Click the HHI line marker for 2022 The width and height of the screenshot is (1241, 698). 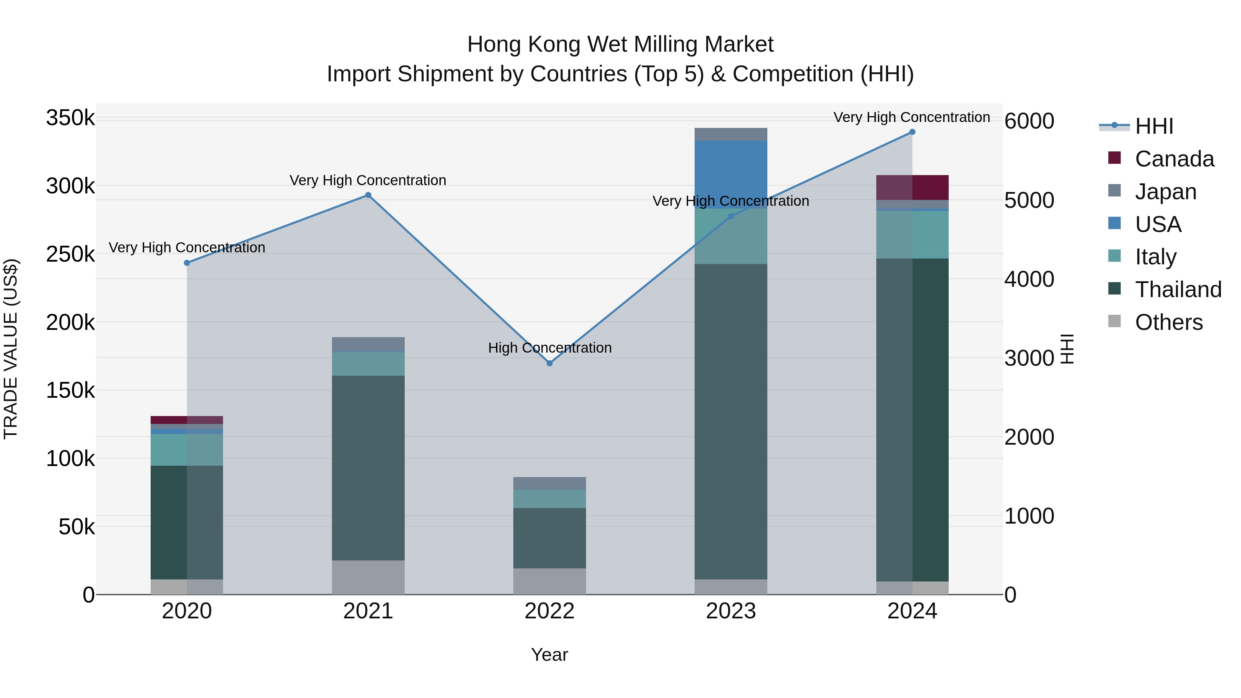pos(550,363)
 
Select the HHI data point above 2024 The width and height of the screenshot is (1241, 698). pos(912,132)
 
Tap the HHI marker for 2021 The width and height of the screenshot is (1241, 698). pos(368,195)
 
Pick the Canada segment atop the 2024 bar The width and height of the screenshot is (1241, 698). pos(912,188)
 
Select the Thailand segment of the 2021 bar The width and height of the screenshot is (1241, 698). pos(368,467)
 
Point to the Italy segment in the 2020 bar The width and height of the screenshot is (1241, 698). pos(187,449)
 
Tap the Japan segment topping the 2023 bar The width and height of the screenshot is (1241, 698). pos(731,134)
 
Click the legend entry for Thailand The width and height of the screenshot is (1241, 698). pos(1178,290)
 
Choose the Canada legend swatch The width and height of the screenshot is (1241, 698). pos(1114,158)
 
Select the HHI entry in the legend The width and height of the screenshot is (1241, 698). pos(1154,126)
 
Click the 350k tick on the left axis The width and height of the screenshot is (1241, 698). pos(70,118)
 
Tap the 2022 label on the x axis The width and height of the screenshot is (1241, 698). pos(550,611)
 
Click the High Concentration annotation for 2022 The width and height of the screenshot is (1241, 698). pos(550,348)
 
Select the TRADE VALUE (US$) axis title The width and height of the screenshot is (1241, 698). pos(11,349)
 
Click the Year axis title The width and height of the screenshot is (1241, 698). pos(550,655)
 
